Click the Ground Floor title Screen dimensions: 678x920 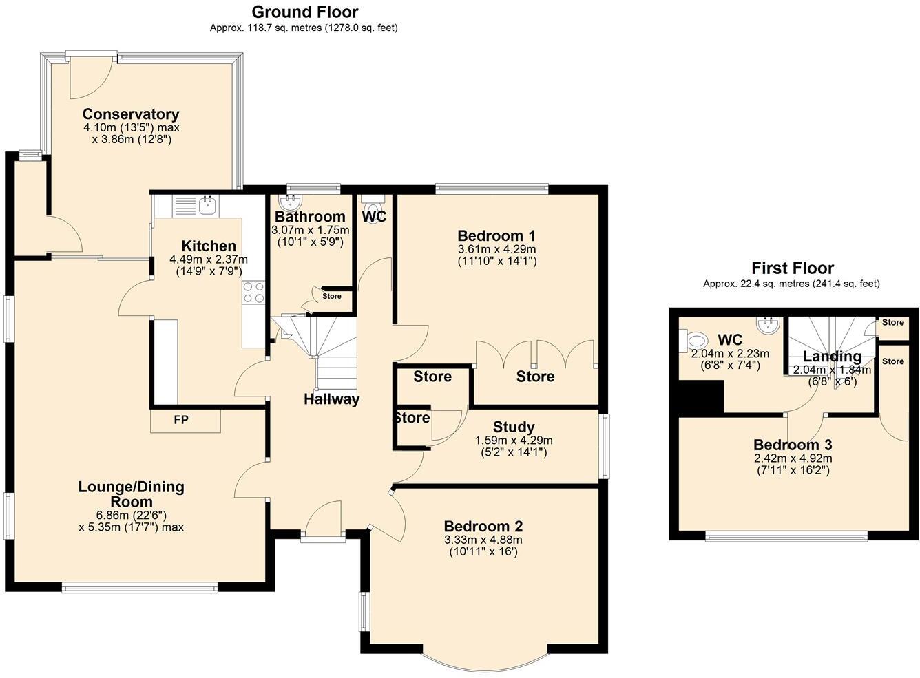click(304, 12)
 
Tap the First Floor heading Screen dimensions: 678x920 click(792, 268)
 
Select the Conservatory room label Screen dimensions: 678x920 click(131, 114)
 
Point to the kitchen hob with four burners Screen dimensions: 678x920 click(253, 293)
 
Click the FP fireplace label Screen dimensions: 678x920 click(180, 420)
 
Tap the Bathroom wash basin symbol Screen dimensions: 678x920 click(291, 201)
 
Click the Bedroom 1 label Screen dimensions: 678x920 click(496, 236)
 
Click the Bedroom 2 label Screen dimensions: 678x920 click(483, 527)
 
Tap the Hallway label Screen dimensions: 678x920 click(332, 399)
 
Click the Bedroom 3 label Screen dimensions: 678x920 click(792, 445)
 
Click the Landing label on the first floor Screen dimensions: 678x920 click(832, 357)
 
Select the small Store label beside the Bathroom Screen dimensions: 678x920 click(332, 297)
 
